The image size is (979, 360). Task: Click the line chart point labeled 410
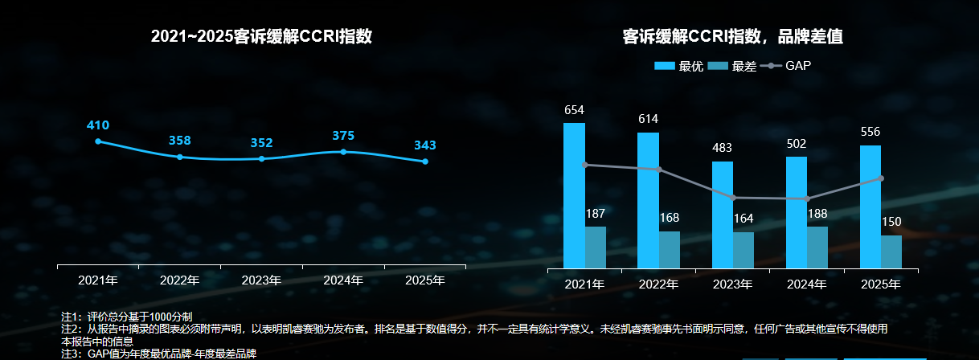click(x=98, y=141)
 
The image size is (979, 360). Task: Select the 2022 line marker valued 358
click(x=179, y=157)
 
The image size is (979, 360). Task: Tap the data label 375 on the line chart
click(x=343, y=136)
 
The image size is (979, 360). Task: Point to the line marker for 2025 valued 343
click(x=425, y=162)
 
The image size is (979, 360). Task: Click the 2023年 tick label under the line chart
click(x=261, y=280)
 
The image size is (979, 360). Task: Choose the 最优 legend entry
click(x=679, y=66)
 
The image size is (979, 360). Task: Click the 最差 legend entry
click(x=733, y=66)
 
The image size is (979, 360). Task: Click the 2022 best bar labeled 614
click(x=648, y=200)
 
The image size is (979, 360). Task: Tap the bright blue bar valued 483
click(x=723, y=215)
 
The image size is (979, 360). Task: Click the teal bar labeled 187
click(x=596, y=247)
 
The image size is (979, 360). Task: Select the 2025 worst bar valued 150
click(x=891, y=252)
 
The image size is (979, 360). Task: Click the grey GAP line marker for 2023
click(x=734, y=198)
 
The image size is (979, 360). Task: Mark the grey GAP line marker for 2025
click(x=882, y=178)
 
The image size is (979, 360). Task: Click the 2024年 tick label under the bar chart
click(x=806, y=284)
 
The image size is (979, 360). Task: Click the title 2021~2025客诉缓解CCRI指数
click(x=261, y=37)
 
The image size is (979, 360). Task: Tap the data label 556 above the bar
click(x=870, y=132)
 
